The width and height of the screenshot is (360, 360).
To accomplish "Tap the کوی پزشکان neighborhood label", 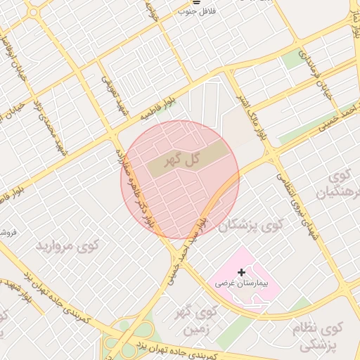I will point(250,225).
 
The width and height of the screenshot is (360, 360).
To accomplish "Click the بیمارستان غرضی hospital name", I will point(243,284).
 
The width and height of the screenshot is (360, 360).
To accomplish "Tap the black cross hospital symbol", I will point(243,272).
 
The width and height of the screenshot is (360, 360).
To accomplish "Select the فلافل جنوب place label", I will point(197,11).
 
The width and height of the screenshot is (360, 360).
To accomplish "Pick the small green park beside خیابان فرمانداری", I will point(294,60).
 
